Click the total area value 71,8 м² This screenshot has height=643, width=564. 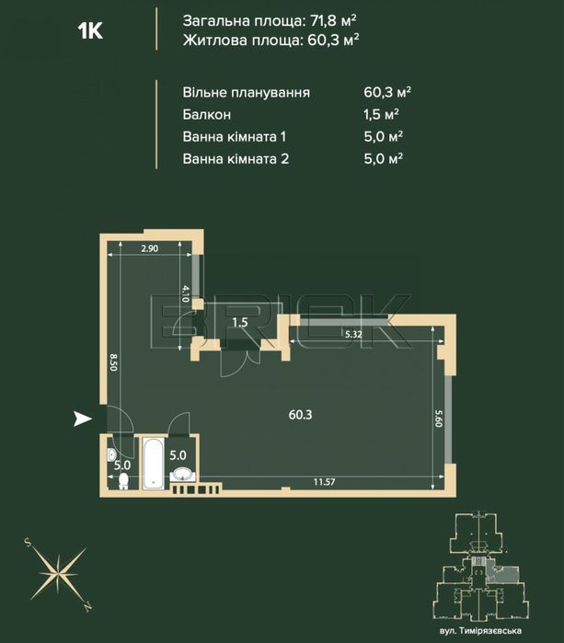328,19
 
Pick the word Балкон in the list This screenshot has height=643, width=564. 208,115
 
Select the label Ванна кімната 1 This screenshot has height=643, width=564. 236,137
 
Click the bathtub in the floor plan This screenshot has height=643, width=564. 153,465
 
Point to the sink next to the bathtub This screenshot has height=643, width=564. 182,474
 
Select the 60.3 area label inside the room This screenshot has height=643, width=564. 300,415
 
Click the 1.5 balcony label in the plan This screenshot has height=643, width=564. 239,322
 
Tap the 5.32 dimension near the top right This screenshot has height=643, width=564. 352,335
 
